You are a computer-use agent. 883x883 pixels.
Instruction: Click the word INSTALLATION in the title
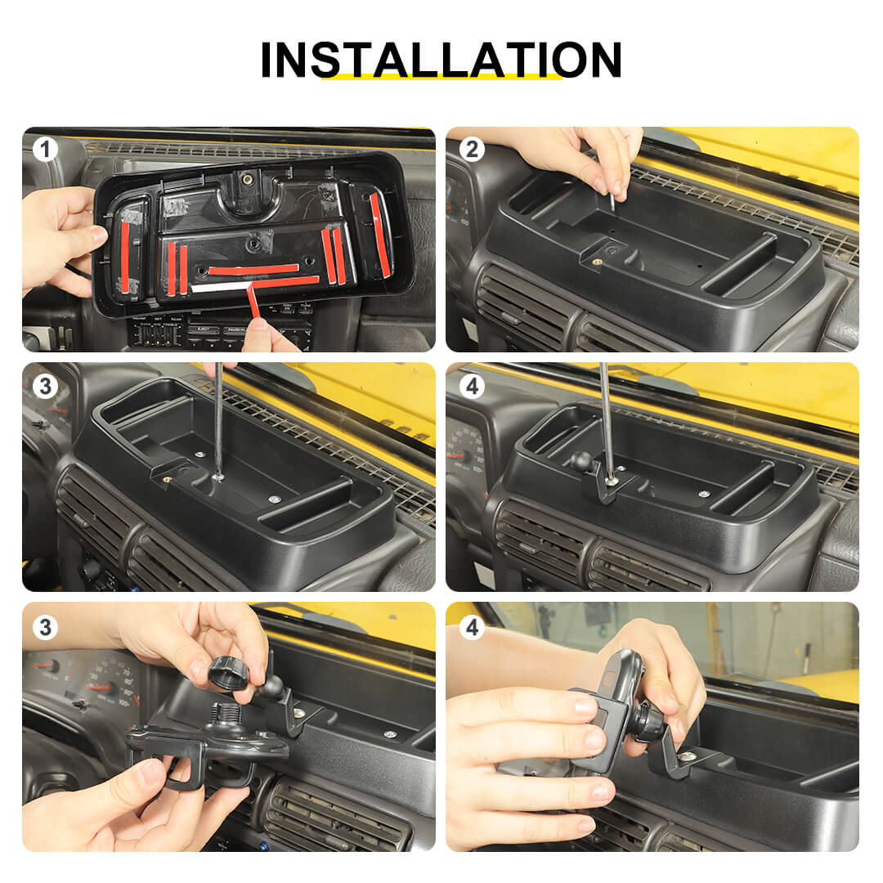point(441,60)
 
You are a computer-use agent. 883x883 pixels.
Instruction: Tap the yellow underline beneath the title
point(441,77)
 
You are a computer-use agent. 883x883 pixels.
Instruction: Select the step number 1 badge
point(45,150)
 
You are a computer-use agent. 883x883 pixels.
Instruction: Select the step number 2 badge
point(472,150)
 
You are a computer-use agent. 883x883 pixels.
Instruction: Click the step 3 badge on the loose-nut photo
point(45,627)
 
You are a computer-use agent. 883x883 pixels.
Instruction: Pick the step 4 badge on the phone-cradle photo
point(472,627)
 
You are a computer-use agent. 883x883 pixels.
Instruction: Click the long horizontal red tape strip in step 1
point(253,269)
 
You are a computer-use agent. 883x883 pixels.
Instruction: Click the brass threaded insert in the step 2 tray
point(596,262)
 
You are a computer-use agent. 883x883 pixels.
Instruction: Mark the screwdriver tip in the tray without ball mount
point(218,476)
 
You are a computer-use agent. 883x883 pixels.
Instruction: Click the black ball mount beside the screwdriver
point(580,461)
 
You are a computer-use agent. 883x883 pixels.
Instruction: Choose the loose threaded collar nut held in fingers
point(228,672)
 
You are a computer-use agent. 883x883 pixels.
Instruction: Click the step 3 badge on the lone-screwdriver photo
point(45,387)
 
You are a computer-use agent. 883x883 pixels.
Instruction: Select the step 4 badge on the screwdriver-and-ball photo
point(472,387)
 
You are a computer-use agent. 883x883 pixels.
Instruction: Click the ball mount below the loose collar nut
point(271,686)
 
